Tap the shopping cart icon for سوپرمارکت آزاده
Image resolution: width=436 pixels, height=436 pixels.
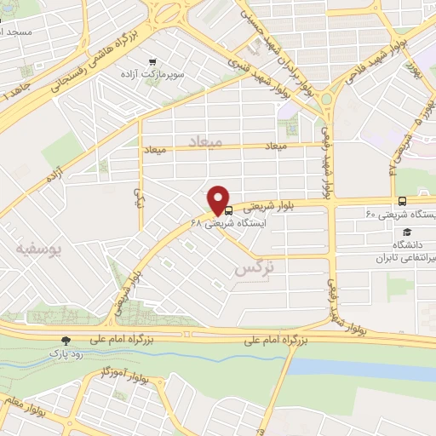pos(152,61)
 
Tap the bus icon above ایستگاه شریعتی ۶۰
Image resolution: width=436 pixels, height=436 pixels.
pos(402,201)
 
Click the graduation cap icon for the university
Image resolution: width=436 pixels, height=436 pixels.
pos(407,232)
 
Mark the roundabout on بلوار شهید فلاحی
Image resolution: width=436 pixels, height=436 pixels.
pos(327,98)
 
